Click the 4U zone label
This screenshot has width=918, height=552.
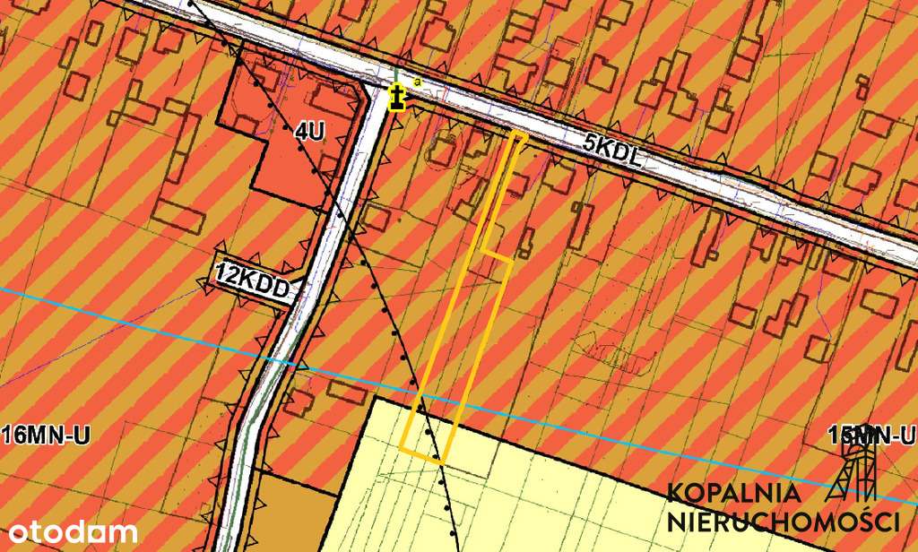309,131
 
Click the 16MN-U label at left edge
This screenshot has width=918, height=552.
47,436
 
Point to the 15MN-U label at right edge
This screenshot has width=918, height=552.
871,436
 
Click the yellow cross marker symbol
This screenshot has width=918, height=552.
396,97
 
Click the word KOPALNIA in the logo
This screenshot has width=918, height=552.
733,492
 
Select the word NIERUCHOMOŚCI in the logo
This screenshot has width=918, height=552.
783,522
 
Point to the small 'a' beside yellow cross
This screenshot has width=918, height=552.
417,82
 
